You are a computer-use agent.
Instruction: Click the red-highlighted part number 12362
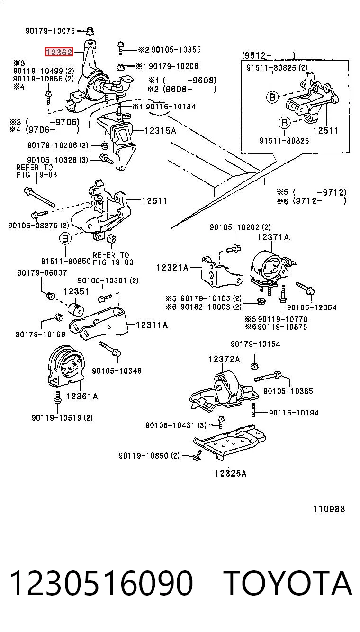pos(59,52)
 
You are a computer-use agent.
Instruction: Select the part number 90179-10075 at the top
pos(50,31)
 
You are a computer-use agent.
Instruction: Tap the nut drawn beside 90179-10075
pos(90,31)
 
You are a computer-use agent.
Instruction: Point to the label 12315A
pos(160,131)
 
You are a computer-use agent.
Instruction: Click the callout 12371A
pos(273,237)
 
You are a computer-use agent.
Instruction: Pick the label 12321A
pos(172,268)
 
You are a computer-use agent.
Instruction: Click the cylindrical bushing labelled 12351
pos(76,309)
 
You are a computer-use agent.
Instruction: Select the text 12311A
pos(152,325)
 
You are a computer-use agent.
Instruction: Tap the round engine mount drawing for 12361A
pos(67,365)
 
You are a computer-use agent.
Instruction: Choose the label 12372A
pos(224,359)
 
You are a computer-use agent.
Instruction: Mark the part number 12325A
pos(231,473)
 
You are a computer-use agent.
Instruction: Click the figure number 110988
pos(329,509)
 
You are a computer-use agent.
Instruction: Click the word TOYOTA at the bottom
pos(288,582)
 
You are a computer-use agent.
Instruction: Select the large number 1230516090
pos(101,583)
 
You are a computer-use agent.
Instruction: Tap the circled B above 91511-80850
pos(65,239)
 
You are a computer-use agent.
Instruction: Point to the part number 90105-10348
pos(117,371)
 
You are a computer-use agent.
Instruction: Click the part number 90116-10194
pos(294,413)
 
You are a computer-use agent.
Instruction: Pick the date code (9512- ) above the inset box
pos(269,55)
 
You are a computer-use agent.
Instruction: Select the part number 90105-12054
pos(312,307)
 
